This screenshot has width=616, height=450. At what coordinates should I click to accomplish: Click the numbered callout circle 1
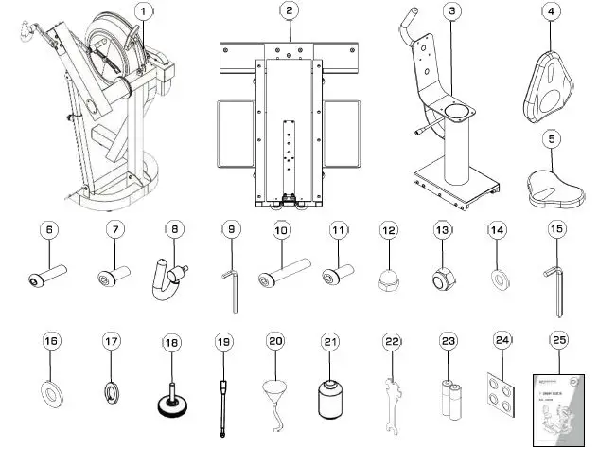tap(143, 12)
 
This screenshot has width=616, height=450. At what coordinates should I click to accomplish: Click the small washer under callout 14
tap(496, 278)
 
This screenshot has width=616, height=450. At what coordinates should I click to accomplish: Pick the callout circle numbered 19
tap(223, 339)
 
